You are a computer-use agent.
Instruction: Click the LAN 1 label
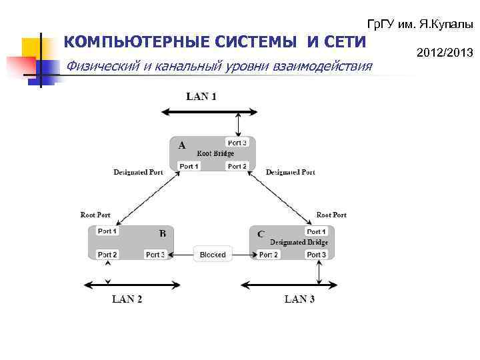(201, 97)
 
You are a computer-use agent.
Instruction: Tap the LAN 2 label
(127, 299)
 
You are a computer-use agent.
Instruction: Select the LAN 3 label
(299, 299)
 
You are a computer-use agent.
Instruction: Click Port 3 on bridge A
(237, 143)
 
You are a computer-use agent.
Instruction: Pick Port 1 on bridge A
(189, 166)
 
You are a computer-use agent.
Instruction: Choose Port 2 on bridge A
(237, 166)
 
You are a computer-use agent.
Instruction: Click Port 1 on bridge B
(107, 231)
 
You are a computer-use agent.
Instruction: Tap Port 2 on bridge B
(107, 255)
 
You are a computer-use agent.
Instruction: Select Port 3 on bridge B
(155, 255)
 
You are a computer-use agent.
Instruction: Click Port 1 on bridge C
(316, 232)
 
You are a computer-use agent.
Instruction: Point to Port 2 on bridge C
(268, 255)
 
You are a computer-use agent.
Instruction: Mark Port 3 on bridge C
(316, 255)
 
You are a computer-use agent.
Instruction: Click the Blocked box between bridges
(213, 255)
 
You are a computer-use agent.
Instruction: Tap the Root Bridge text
(215, 153)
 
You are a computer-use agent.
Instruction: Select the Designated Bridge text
(297, 242)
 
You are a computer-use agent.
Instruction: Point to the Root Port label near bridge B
(95, 215)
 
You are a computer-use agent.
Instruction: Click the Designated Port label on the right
(290, 172)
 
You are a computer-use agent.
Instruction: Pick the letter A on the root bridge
(181, 144)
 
